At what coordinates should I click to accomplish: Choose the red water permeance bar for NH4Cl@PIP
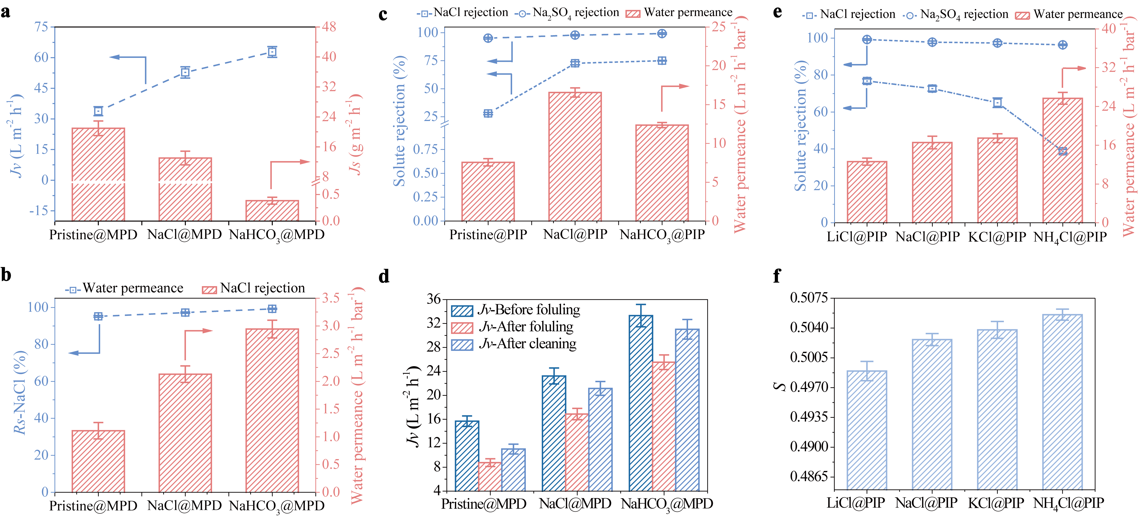(1062, 160)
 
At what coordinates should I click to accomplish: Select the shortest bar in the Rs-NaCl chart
(98, 461)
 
